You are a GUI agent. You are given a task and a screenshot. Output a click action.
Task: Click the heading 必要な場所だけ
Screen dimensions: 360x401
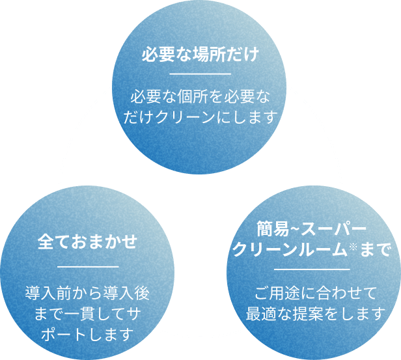(200, 53)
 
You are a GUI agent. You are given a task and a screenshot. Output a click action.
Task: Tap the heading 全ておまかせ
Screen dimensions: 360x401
(88, 242)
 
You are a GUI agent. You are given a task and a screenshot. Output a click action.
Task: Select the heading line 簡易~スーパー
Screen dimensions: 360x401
(312, 229)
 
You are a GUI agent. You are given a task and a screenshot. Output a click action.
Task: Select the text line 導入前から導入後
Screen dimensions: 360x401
(88, 292)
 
